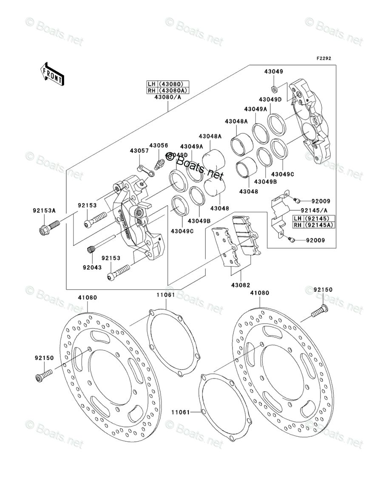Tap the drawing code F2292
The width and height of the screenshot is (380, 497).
pos(323,59)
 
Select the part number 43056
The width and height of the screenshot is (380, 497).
pos(157,146)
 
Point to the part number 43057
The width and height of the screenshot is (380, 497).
pos(139,150)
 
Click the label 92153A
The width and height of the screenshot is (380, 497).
pos(44,210)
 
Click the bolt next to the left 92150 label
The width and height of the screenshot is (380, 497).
pos(44,374)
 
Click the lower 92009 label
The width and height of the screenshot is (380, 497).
pos(315,240)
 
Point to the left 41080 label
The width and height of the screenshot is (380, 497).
pos(87,298)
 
